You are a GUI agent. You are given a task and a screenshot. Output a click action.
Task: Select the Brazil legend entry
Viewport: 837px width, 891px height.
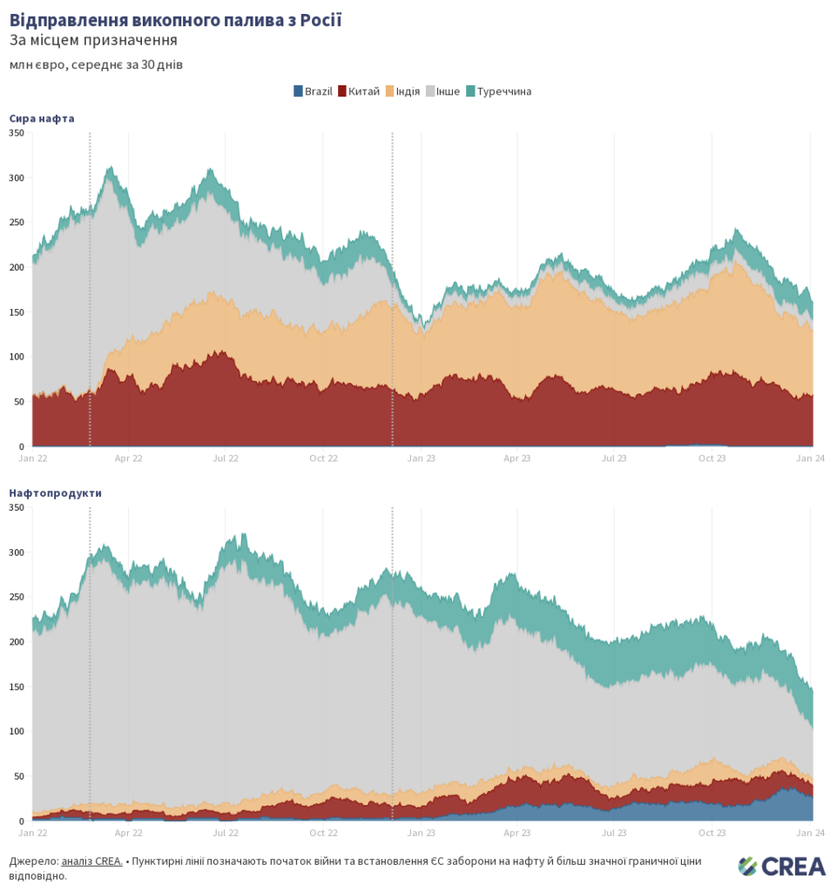coord(314,91)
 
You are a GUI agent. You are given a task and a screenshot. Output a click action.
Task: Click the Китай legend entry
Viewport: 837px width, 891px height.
coord(359,91)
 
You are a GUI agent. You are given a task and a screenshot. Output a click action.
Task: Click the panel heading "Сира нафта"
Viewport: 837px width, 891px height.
coord(42,118)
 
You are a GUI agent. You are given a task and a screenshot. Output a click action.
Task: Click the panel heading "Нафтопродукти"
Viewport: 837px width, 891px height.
coord(55,492)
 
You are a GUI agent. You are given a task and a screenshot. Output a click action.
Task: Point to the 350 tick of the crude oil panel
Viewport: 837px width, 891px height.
coord(16,133)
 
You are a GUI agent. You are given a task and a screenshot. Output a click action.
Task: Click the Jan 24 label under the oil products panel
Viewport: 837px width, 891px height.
coord(812,833)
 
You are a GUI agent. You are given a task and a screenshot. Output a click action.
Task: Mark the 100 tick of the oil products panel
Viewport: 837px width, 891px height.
coord(16,732)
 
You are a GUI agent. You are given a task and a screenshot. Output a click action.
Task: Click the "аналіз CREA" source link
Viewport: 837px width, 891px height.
coord(91,861)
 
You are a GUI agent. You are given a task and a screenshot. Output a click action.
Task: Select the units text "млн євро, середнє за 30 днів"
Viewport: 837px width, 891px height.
coord(96,64)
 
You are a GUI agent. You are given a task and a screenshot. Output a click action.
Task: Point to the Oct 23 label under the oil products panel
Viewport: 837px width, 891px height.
coord(712,833)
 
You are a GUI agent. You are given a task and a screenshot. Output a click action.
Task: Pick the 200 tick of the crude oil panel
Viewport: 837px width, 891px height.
coord(16,267)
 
